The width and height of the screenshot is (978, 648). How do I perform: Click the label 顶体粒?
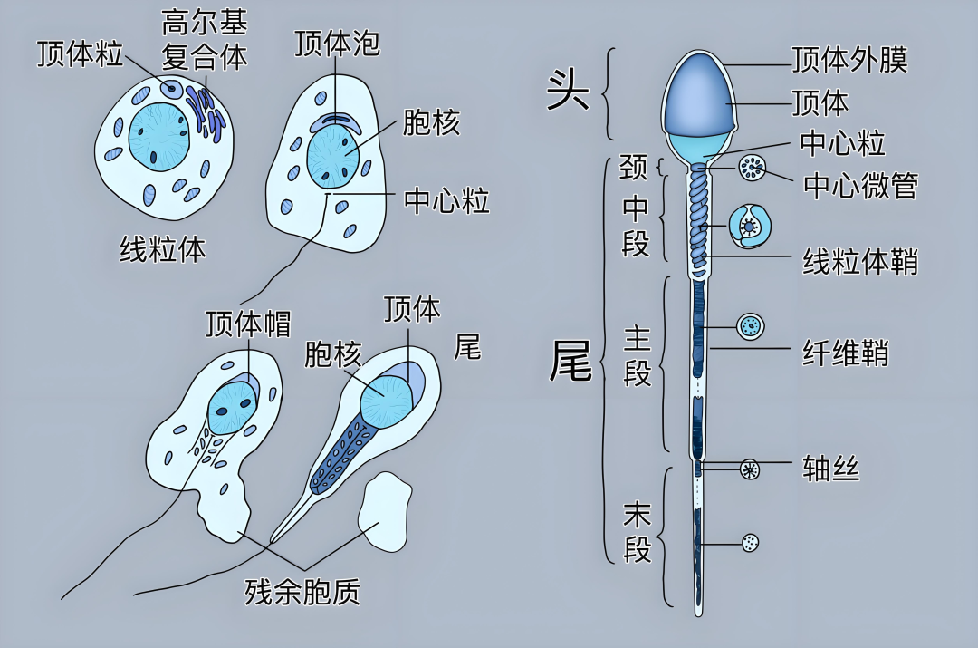point(80,53)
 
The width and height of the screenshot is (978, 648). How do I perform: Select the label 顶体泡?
point(337,43)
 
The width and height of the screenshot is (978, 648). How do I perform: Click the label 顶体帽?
point(247,324)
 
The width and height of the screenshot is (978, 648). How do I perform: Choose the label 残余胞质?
point(302,592)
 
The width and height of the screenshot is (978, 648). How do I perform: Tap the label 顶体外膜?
point(849,60)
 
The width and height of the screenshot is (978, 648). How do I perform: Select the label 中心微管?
point(860,186)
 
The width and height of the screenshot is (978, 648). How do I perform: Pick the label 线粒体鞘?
point(860,262)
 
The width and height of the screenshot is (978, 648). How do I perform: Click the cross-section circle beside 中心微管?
point(752,167)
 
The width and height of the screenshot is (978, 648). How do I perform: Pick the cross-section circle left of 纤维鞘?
point(750,326)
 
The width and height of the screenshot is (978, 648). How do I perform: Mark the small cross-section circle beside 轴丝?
point(750,469)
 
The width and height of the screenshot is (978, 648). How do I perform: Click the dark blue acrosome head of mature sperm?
point(697,92)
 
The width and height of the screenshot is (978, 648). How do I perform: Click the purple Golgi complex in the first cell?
point(206,113)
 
